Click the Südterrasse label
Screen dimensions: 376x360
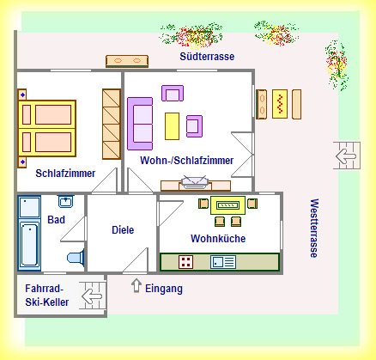(207, 57)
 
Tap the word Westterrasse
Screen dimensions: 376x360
(314, 229)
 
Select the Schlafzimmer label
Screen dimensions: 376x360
(65, 174)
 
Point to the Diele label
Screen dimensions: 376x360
(123, 229)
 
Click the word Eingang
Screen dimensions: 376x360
(164, 289)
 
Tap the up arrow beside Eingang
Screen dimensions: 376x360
(136, 285)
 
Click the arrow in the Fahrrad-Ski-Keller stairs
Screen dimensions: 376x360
(92, 296)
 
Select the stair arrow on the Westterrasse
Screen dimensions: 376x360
(346, 156)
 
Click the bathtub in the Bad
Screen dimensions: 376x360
(29, 245)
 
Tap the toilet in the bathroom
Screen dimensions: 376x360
(76, 257)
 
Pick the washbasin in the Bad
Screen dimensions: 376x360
(66, 201)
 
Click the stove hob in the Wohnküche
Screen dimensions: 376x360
(186, 262)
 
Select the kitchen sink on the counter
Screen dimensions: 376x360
(223, 262)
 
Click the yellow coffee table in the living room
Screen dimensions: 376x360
(172, 126)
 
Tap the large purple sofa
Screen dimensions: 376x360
(140, 124)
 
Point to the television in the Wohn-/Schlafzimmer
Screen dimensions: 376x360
(195, 182)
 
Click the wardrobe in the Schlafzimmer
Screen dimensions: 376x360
(112, 124)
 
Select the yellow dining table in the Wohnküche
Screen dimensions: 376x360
(227, 205)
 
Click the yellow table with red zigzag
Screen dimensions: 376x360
(280, 104)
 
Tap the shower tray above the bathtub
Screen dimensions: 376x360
(29, 207)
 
